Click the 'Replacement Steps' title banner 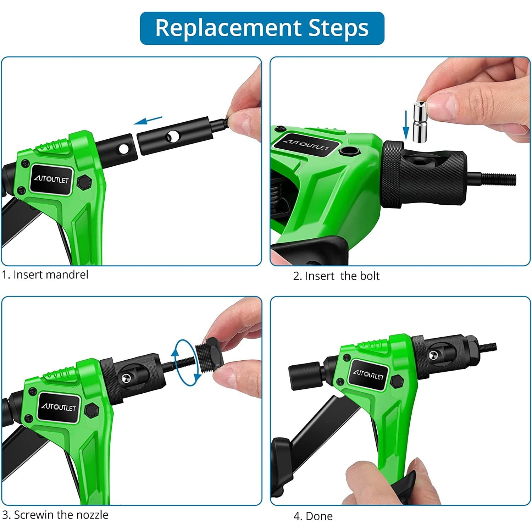point(262,28)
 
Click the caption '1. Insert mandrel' point(45,275)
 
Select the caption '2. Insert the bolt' point(336,276)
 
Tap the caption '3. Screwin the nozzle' point(55,515)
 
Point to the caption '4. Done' point(313,516)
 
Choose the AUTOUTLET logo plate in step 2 point(306,145)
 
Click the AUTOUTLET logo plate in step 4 point(368,375)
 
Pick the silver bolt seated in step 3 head point(125,378)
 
